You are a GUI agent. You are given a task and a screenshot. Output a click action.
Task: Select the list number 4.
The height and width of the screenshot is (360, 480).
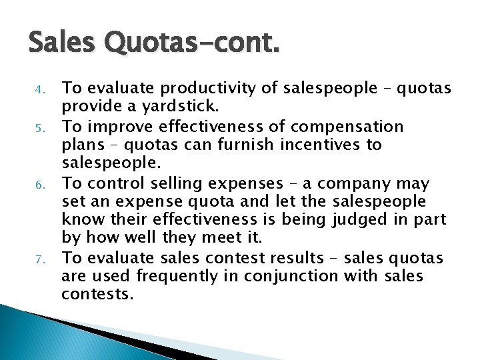click(x=39, y=89)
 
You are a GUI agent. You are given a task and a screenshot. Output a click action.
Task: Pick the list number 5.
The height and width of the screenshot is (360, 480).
click(x=39, y=127)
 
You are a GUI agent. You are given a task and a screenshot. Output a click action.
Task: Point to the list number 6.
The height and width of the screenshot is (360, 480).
click(x=39, y=183)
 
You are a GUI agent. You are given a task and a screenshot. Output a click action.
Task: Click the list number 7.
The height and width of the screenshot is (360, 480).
click(x=39, y=258)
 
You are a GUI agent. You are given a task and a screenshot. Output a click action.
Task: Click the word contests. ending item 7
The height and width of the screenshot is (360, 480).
click(x=98, y=295)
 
